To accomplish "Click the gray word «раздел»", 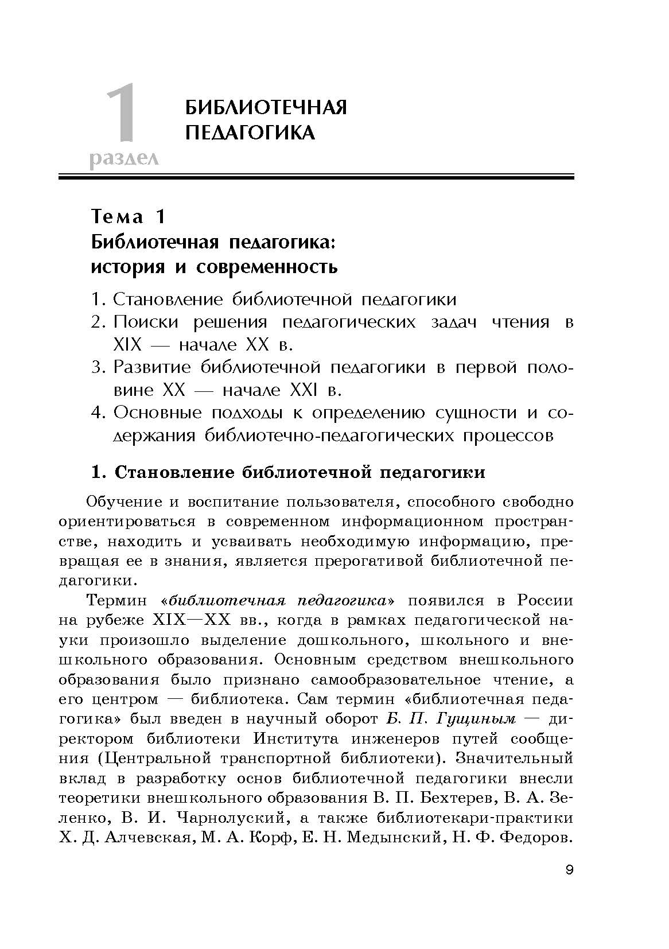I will [124, 157].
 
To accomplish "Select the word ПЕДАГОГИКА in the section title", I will [250, 133].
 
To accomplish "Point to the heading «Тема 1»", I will [129, 216].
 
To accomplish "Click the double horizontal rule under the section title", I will [316, 177].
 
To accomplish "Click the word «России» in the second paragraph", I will [544, 601].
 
